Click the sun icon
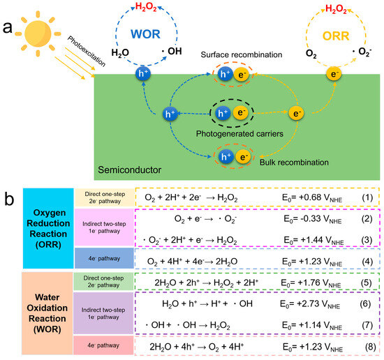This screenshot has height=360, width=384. click(38, 33)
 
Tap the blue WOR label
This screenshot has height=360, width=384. click(145, 34)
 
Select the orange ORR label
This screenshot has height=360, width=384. click(336, 36)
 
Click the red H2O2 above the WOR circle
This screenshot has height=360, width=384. click(146, 7)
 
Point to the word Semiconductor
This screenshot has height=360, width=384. click(130, 170)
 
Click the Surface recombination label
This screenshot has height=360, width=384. click(242, 54)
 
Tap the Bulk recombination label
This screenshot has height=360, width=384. click(294, 163)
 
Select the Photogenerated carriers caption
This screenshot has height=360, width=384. click(239, 134)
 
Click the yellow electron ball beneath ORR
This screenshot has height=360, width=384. click(334, 75)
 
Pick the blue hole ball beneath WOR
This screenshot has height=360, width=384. click(143, 73)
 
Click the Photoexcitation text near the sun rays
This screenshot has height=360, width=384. click(87, 51)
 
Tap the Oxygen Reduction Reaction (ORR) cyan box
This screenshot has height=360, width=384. click(48, 228)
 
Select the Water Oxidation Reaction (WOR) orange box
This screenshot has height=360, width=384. click(47, 313)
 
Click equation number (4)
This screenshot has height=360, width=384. click(367, 262)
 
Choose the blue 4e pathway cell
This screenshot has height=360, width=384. click(104, 258)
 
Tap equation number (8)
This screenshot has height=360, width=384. click(371, 347)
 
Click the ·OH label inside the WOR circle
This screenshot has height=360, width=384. click(172, 51)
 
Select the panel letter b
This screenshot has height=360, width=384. click(9, 199)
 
